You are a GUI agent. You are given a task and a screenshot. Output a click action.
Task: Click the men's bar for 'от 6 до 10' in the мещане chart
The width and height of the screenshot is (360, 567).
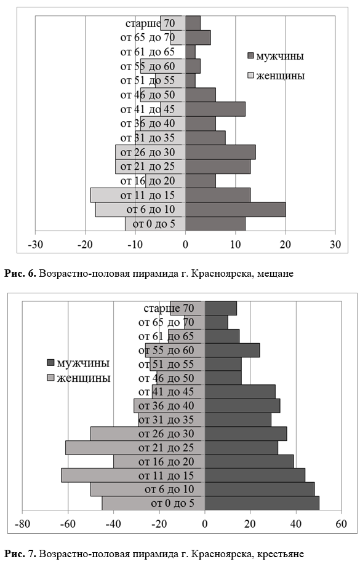tap(236, 210)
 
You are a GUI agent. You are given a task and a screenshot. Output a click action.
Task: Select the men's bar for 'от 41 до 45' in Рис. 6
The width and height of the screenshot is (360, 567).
tap(215, 109)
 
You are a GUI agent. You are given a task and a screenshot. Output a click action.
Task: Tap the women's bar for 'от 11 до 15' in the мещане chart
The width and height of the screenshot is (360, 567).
tap(138, 196)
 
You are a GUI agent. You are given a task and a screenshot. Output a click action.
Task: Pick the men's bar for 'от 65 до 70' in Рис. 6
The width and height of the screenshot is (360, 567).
tap(198, 38)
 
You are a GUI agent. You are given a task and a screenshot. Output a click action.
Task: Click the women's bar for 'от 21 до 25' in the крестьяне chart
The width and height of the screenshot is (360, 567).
tap(135, 448)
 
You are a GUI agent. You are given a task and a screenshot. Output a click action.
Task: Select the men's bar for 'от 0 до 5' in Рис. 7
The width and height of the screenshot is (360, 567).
tap(262, 503)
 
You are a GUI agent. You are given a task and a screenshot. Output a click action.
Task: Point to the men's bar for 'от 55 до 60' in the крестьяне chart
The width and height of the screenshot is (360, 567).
tap(232, 351)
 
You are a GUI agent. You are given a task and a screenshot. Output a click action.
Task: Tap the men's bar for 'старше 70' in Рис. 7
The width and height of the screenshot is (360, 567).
tap(221, 309)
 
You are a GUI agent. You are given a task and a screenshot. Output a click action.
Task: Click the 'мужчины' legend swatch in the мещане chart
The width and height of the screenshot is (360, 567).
tap(250, 56)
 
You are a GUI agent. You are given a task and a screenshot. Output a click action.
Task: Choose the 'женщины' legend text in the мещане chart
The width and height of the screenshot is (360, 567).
tap(281, 76)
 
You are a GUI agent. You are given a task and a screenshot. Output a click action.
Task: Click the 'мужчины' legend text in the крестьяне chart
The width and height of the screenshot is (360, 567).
tap(83, 363)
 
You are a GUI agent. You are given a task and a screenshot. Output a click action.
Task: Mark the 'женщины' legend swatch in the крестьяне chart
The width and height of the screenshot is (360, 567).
tap(50, 378)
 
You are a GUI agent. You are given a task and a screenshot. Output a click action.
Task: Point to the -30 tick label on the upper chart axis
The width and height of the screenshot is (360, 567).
tap(36, 245)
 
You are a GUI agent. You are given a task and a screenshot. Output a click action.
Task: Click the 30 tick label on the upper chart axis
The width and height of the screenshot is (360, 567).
tap(335, 245)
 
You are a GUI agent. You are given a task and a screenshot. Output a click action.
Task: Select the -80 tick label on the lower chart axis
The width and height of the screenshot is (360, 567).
tap(22, 524)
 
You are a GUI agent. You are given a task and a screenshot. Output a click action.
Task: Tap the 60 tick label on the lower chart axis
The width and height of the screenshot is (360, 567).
tap(341, 524)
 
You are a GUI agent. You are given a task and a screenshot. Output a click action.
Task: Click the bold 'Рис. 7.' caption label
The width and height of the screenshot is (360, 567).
tap(20, 553)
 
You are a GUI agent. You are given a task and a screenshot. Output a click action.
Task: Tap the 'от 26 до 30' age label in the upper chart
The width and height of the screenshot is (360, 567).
tap(148, 153)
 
